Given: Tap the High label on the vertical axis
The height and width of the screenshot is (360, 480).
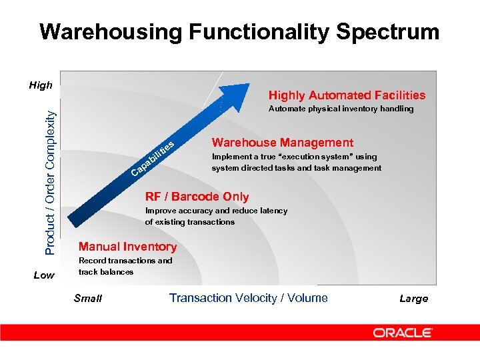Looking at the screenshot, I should [41, 85].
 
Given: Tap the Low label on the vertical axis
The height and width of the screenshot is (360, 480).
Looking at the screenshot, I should [44, 275].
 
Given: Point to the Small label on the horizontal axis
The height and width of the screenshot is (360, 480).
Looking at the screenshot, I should [88, 299].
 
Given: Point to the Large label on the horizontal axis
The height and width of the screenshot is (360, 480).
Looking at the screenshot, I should [413, 299].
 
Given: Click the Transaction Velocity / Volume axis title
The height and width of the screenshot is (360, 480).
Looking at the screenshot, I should [248, 298].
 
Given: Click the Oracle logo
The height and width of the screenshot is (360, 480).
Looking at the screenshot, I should [403, 332].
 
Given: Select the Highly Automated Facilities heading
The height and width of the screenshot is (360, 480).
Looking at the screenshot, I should [346, 95].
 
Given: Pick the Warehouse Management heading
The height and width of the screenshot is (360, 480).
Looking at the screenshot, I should [282, 143].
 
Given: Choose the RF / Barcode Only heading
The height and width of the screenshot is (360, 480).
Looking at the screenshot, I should [197, 197].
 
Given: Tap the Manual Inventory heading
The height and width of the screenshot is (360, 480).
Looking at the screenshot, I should [127, 247].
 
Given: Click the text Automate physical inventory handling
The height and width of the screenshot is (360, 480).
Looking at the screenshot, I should [340, 109].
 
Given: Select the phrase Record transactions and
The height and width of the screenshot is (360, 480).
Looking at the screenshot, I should [125, 261].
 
